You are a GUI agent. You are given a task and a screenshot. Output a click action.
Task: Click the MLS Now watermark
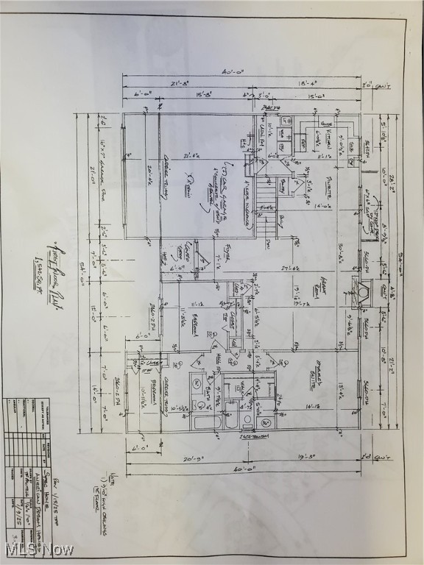(40, 550)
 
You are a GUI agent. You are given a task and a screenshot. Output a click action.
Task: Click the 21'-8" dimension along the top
(180, 84)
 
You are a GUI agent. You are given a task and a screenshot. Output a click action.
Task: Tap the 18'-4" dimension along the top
(308, 84)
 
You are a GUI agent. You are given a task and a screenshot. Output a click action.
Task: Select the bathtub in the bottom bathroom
(208, 422)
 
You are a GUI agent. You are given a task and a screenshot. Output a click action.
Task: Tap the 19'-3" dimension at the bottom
(308, 457)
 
